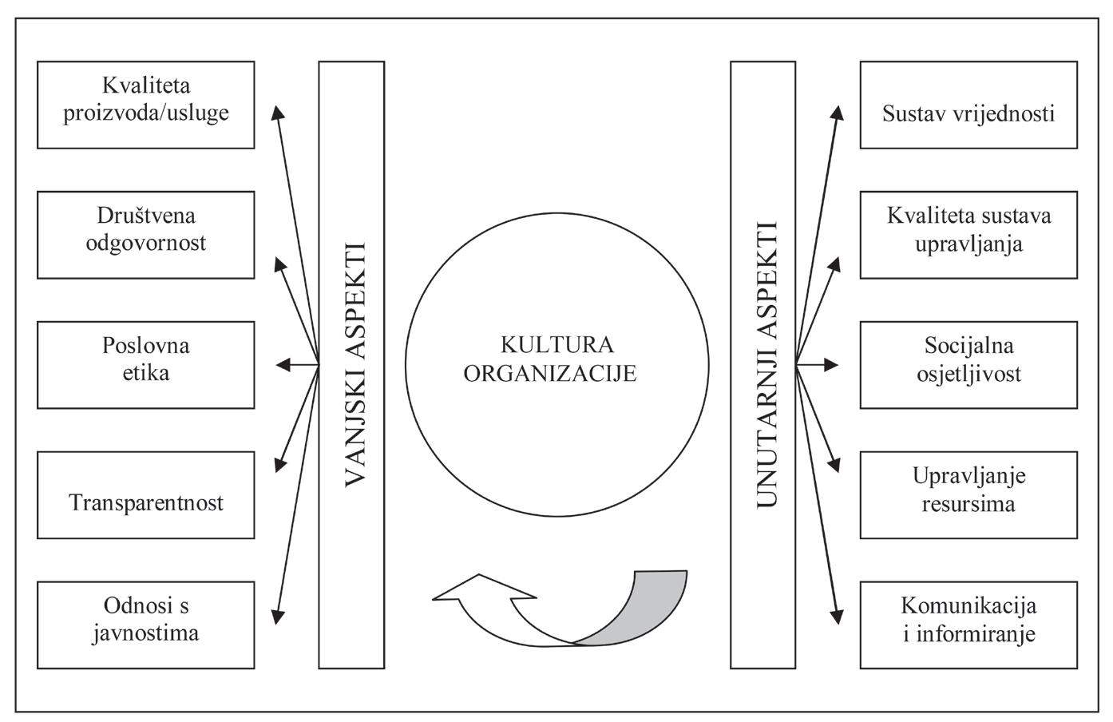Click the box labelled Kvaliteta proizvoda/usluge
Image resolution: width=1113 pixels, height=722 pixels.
(146, 105)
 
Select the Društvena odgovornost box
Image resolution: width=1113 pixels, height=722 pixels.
(146, 235)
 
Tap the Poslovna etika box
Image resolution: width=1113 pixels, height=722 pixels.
(146, 365)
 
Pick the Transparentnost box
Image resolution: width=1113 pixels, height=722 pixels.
(146, 495)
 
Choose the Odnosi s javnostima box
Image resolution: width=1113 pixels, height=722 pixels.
(146, 625)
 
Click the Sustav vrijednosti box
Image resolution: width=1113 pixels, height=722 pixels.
(968, 105)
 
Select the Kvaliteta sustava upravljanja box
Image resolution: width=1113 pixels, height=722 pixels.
(968, 235)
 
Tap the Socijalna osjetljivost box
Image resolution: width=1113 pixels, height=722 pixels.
(968, 365)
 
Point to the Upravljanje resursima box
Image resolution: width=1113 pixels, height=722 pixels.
(968, 495)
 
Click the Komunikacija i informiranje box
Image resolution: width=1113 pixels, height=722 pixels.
(968, 625)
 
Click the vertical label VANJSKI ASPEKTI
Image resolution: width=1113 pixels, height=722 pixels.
(353, 364)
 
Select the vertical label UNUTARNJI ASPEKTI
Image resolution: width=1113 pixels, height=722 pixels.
(764, 364)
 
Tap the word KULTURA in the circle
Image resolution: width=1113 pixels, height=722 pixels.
(557, 345)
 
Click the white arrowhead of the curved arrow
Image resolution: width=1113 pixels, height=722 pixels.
(479, 591)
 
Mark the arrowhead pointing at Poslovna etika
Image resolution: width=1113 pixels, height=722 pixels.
(283, 365)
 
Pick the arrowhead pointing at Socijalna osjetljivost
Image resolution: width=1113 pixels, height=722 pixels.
(832, 365)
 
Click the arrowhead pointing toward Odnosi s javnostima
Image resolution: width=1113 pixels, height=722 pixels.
(277, 615)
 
